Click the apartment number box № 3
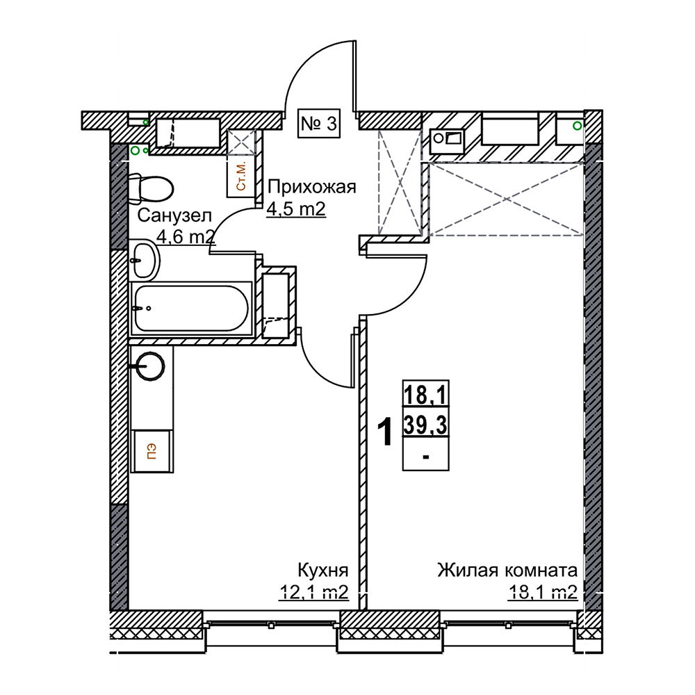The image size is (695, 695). pyautogui.click(x=319, y=123)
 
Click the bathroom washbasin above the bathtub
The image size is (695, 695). pyautogui.click(x=145, y=259)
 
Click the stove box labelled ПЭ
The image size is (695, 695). pyautogui.click(x=152, y=451)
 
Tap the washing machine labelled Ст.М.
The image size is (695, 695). pyautogui.click(x=241, y=177)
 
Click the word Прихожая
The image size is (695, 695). pyautogui.click(x=312, y=187)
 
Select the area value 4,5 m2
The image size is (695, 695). pyautogui.click(x=296, y=208)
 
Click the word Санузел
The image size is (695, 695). pyautogui.click(x=174, y=216)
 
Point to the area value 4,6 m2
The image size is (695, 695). pyautogui.click(x=186, y=237)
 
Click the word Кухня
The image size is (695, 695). pyautogui.click(x=322, y=571)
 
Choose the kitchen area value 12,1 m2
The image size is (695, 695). pyautogui.click(x=313, y=591)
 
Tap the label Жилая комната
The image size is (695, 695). pyautogui.click(x=507, y=570)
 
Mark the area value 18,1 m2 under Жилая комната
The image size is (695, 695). pyautogui.click(x=543, y=591)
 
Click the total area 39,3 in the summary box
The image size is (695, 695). pyautogui.click(x=425, y=426)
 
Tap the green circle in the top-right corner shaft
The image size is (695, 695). pyautogui.click(x=577, y=126)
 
